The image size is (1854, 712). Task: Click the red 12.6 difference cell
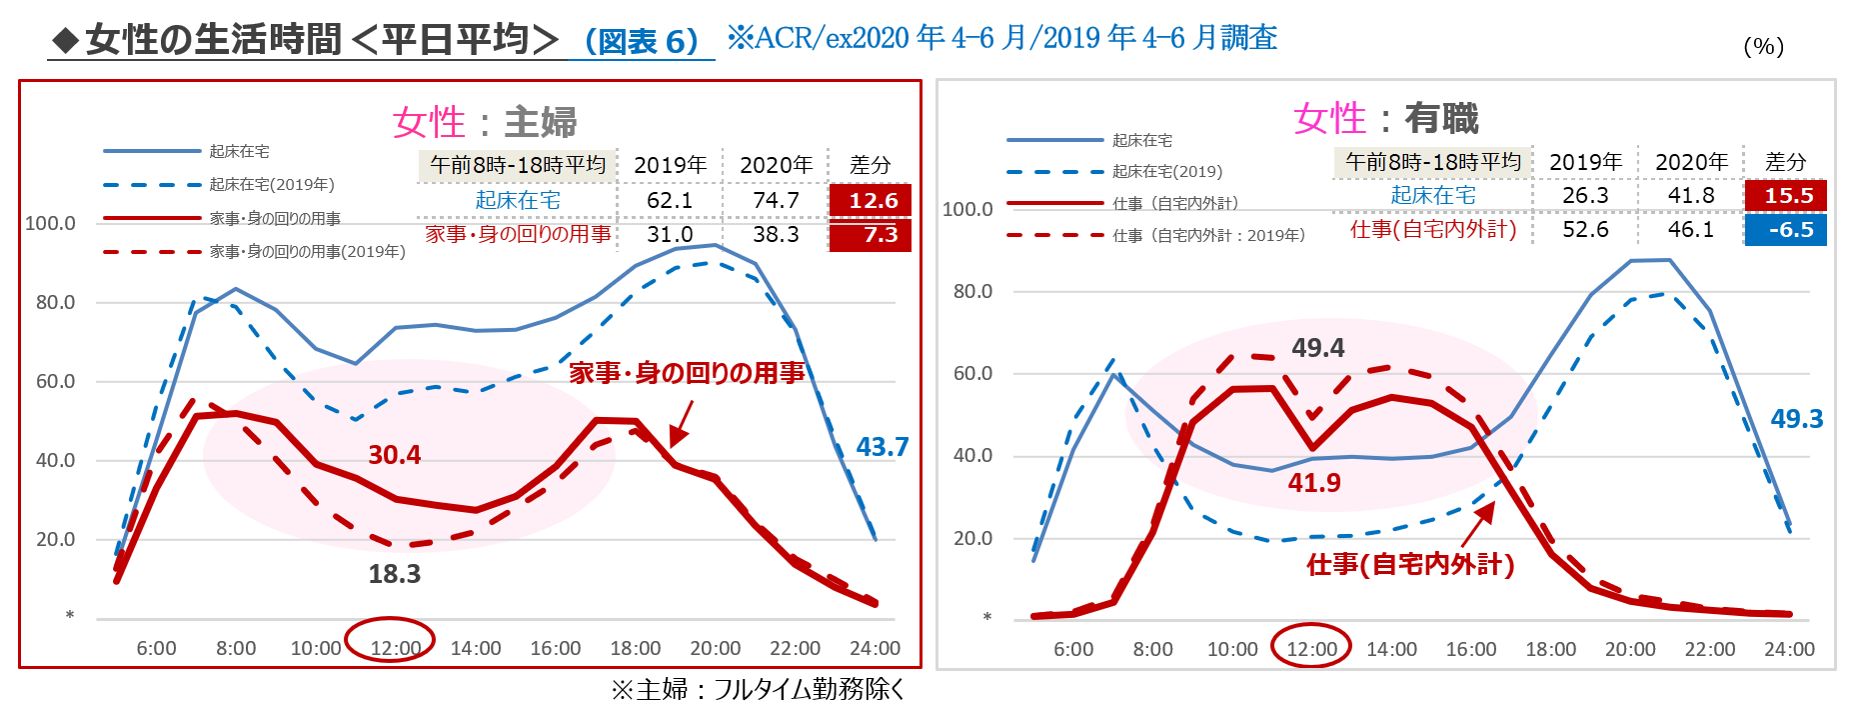[x=871, y=200]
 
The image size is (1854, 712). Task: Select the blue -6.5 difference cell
[x=1786, y=230]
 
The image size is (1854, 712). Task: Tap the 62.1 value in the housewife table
[x=670, y=200]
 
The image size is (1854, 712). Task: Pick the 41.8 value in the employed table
[x=1691, y=195]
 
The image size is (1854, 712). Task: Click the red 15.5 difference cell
[x=1786, y=195]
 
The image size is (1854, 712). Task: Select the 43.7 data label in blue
[x=882, y=447]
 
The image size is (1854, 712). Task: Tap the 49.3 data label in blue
[x=1796, y=419]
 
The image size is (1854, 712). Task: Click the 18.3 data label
[x=395, y=574]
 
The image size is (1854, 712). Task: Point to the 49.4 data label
[x=1317, y=348]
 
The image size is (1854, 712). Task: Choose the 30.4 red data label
[x=395, y=455]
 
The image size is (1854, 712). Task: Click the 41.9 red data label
[x=1314, y=483]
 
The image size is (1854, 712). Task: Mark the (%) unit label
[x=1763, y=46]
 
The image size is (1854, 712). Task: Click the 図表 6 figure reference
[x=641, y=41]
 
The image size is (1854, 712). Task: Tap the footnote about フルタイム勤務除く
[x=758, y=689]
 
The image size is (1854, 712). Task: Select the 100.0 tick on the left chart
[x=50, y=223]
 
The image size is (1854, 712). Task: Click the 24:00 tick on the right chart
[x=1789, y=649]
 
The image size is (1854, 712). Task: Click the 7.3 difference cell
[x=871, y=235]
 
